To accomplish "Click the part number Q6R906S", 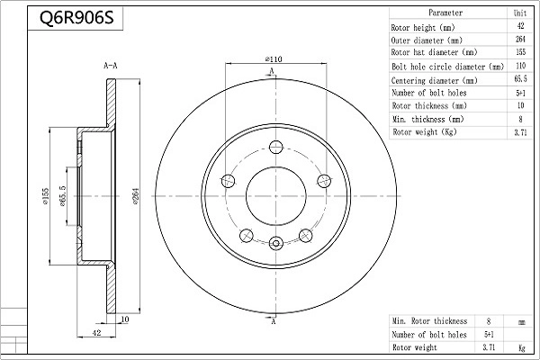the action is tap(76, 18).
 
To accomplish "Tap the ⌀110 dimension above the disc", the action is tap(274, 59).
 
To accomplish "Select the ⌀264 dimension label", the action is tap(136, 196).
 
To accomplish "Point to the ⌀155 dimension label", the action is tap(46, 196).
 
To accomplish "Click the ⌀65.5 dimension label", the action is tap(62, 196).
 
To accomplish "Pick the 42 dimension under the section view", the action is tap(97, 332).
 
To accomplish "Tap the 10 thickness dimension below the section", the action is tap(125, 319).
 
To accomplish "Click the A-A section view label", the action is tap(111, 66).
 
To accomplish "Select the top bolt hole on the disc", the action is tap(276, 147).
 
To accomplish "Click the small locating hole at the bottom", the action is tap(276, 243).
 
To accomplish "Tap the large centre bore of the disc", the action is tap(276, 196).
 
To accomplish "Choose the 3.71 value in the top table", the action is tap(520, 132).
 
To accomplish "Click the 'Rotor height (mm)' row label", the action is tap(423, 28).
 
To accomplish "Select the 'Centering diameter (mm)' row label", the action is tap(435, 81).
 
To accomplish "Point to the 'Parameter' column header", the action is tap(445, 13).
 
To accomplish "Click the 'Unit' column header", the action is tap(520, 13).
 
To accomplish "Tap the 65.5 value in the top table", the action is tap(520, 79).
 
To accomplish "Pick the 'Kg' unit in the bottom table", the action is tap(522, 348).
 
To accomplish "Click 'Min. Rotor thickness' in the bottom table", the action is tap(429, 321).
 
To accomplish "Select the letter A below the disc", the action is tap(274, 321).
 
